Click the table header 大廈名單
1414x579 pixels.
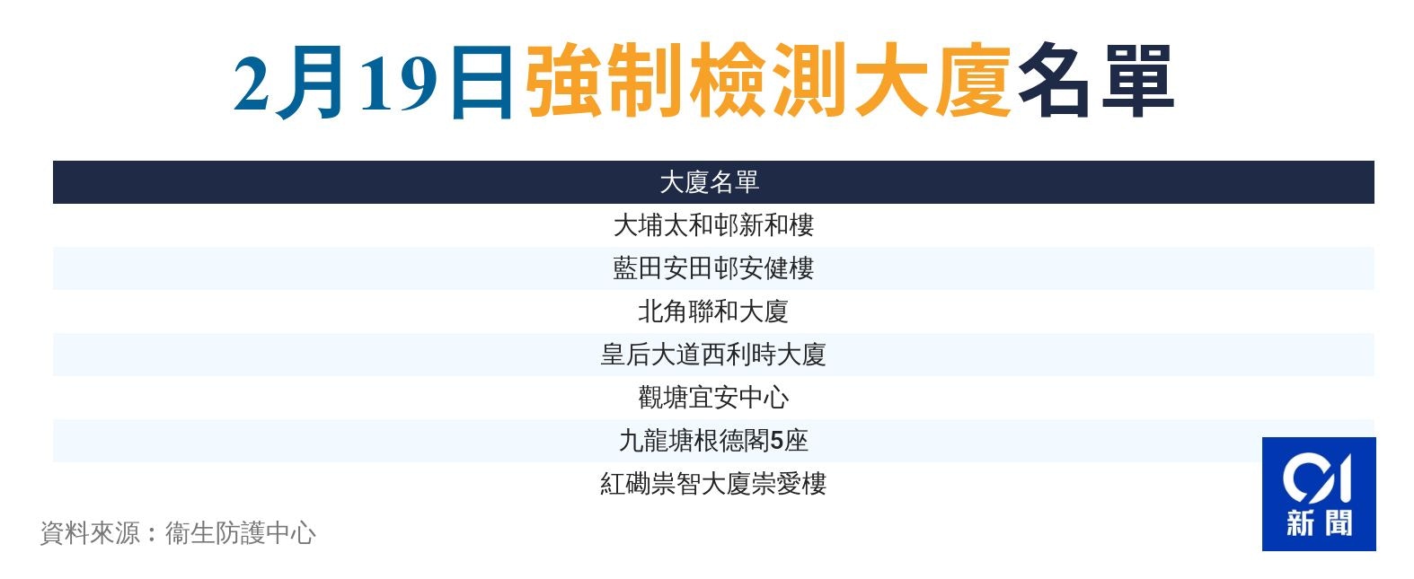point(709,182)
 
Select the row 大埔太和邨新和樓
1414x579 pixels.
point(713,225)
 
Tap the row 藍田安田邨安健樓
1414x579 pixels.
point(713,268)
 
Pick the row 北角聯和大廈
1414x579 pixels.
point(713,311)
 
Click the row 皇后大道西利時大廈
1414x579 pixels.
point(713,355)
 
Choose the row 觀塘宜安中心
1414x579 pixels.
point(713,398)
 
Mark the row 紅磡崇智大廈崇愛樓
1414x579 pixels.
point(713,484)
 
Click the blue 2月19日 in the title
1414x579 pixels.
point(373,82)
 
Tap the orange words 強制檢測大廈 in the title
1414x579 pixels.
point(768,80)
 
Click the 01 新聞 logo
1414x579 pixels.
point(1319,494)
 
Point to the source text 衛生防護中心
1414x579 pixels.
point(241,533)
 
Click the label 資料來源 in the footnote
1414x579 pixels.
point(90,533)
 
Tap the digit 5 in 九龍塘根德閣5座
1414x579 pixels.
point(776,441)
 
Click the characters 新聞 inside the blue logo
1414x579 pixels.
point(1320,523)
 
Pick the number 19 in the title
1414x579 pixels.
point(400,83)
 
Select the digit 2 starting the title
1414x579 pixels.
point(251,83)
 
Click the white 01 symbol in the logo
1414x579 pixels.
point(1317,478)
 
